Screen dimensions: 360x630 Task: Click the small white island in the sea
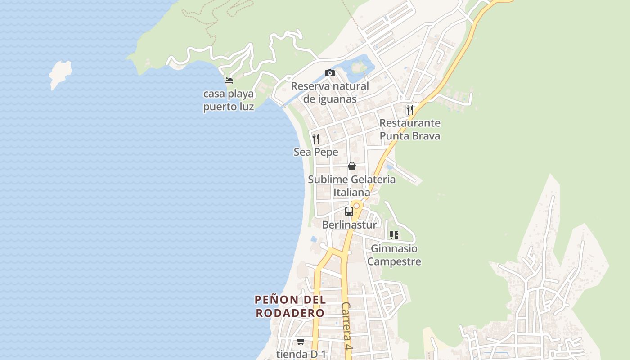coord(60,74)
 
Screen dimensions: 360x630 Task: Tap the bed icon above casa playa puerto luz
coord(229,81)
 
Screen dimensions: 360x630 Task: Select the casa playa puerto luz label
coord(229,100)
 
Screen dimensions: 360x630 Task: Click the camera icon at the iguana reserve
coord(330,73)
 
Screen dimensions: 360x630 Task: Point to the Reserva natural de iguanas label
coord(330,92)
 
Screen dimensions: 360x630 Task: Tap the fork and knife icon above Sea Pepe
coord(316,138)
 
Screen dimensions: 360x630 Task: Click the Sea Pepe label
coord(316,152)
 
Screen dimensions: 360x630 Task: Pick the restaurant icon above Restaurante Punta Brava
coord(409,109)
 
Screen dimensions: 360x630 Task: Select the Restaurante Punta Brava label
coord(409,129)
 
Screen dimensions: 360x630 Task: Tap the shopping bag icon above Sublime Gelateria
coord(352,166)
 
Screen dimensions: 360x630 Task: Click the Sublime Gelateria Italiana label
coord(352,185)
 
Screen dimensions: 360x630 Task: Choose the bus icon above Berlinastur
coord(349,211)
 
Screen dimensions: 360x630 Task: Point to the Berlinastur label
coord(350,225)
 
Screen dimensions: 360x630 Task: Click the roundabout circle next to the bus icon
coord(357,206)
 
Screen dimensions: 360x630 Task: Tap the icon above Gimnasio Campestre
coord(394,235)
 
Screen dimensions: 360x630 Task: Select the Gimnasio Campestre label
coord(394,255)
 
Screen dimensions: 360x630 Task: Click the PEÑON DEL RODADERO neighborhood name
coord(290,306)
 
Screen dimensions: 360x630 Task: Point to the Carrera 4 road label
coord(346,326)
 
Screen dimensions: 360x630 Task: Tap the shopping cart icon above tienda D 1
coord(301,341)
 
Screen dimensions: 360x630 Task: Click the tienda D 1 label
coord(301,354)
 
